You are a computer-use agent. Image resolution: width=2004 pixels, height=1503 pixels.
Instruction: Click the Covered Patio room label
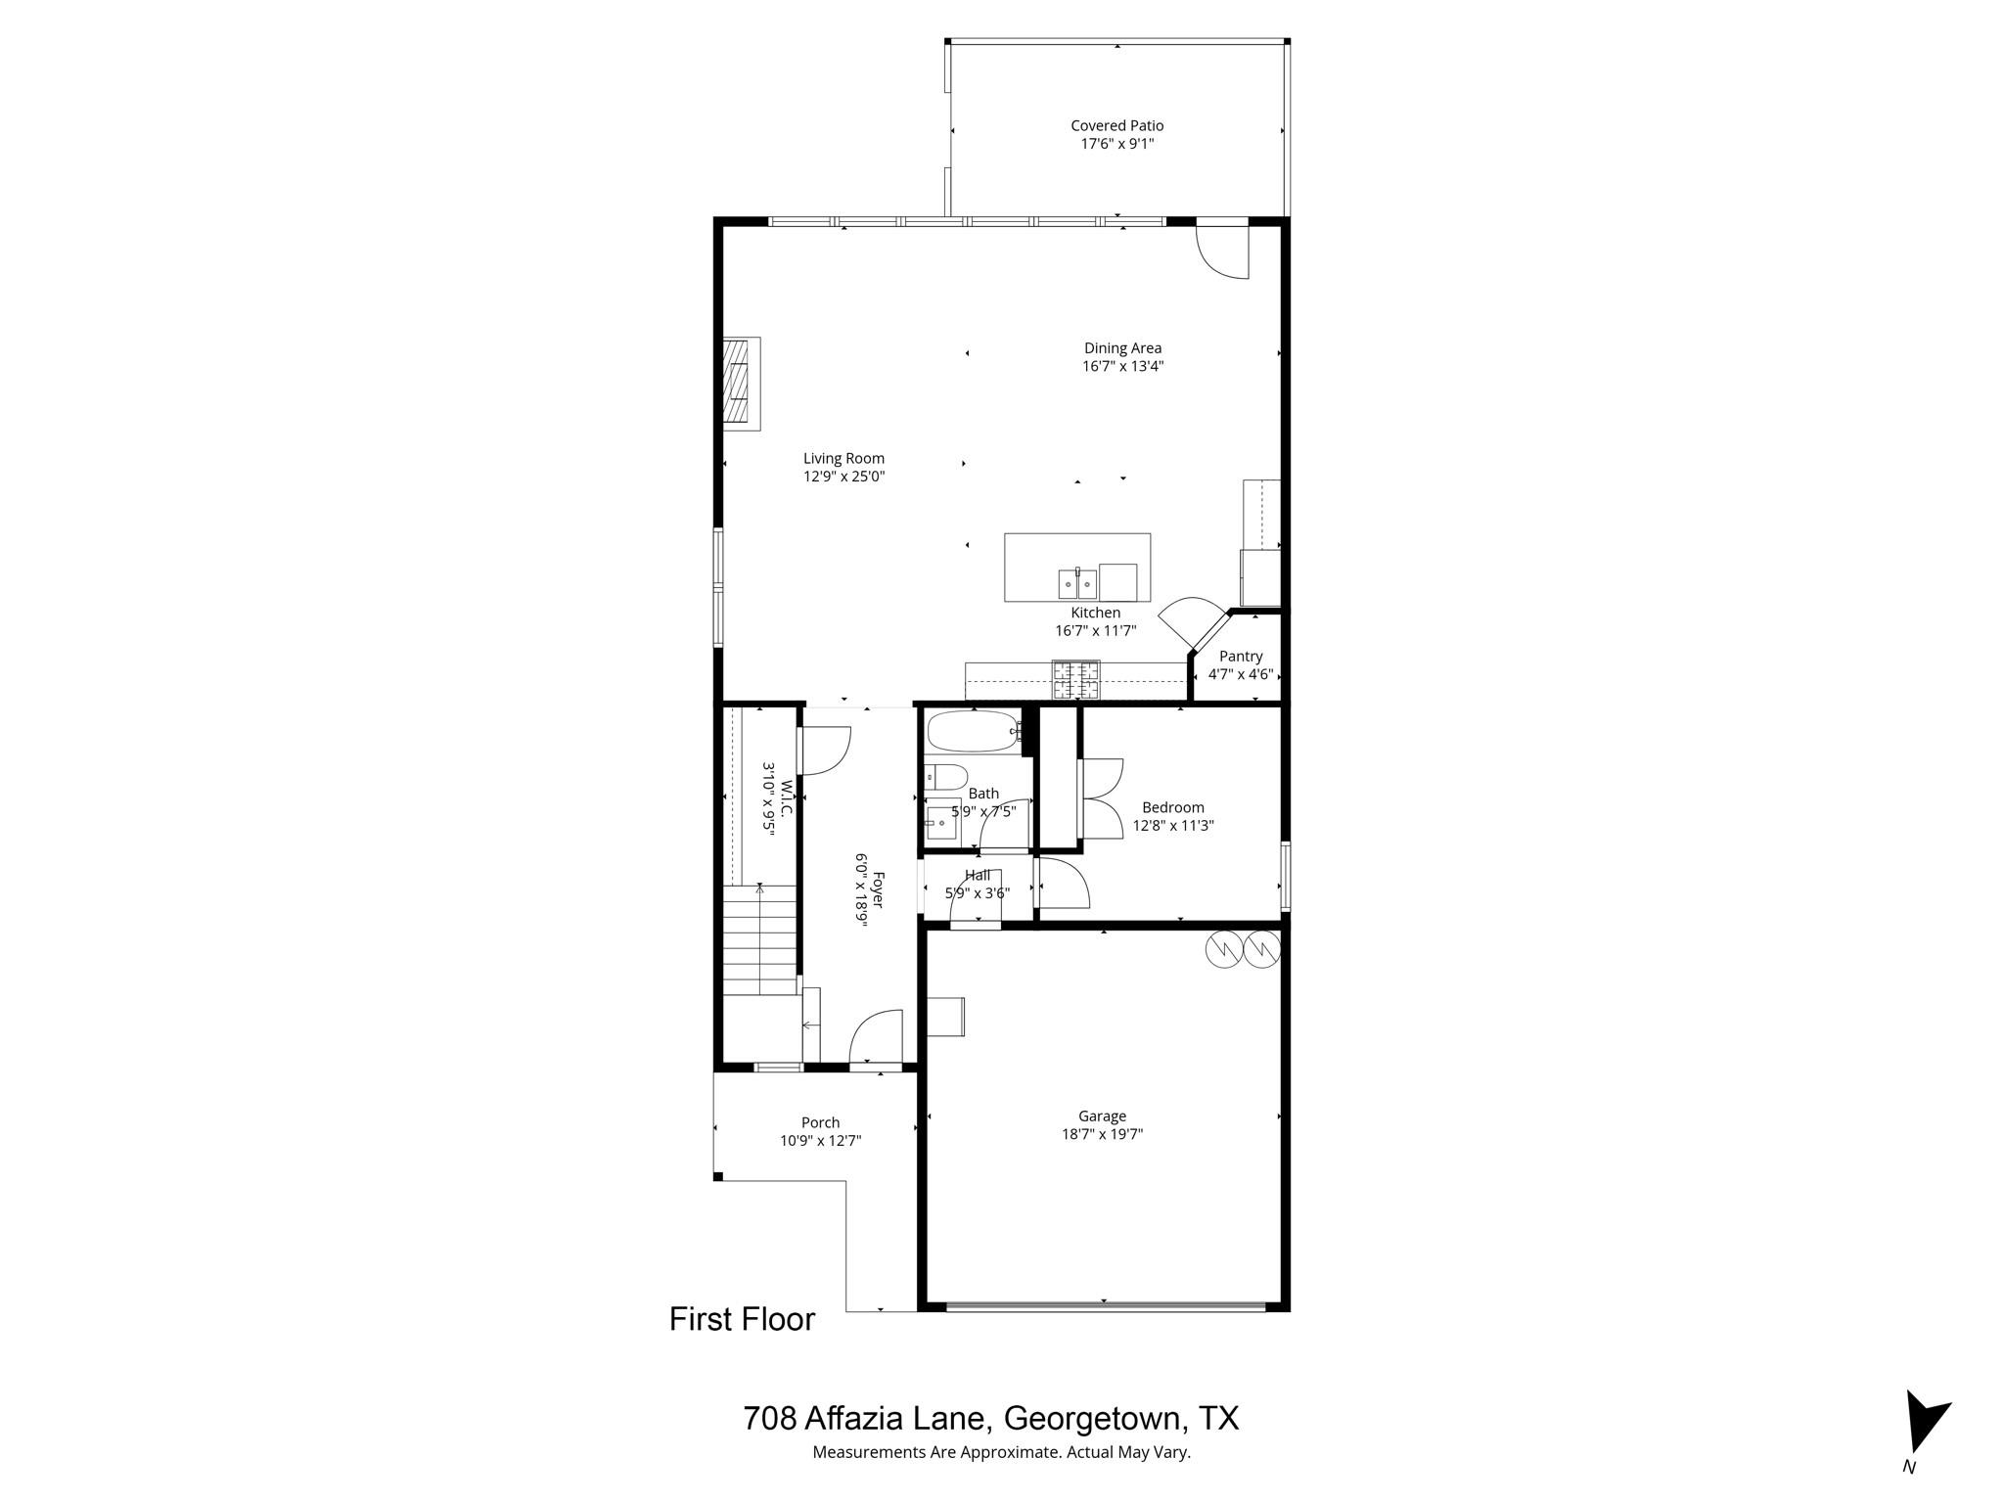click(x=1116, y=125)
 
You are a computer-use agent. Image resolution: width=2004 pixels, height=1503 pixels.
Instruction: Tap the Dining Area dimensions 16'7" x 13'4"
click(x=1122, y=367)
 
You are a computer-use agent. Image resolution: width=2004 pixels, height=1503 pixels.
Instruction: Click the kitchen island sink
click(x=1076, y=584)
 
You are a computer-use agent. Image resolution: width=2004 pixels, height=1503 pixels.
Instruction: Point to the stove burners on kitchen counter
click(x=1075, y=680)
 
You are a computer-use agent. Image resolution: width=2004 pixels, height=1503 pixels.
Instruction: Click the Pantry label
click(x=1241, y=657)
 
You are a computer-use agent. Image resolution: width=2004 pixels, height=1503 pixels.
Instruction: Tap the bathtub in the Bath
click(x=974, y=731)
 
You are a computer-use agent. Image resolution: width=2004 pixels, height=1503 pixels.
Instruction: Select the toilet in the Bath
click(x=945, y=778)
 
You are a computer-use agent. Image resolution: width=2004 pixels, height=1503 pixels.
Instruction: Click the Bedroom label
click(x=1173, y=807)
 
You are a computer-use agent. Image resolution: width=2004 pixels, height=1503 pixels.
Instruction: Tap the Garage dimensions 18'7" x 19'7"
click(x=1103, y=1135)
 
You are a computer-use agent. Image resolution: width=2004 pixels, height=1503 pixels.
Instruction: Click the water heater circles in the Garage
click(x=1243, y=948)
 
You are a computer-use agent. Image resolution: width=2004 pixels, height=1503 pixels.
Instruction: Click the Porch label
click(x=820, y=1122)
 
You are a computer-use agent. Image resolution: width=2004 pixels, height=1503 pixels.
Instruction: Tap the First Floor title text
click(x=742, y=1320)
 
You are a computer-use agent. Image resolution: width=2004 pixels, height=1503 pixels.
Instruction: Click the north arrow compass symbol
click(x=1924, y=1435)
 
